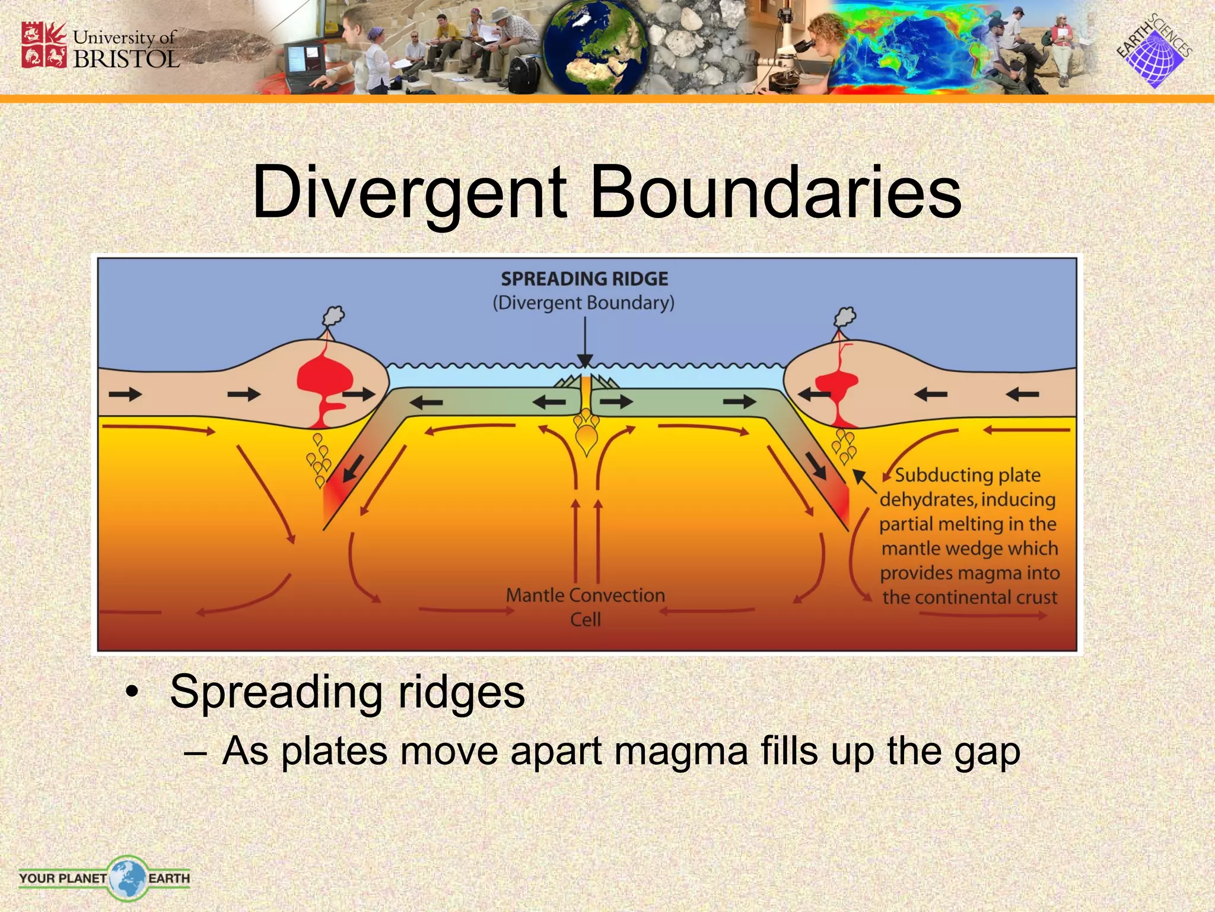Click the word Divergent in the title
[409, 192]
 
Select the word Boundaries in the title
[775, 192]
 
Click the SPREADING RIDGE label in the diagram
[584, 278]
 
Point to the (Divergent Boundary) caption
[584, 303]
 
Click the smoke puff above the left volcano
[334, 316]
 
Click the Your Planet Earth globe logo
[127, 878]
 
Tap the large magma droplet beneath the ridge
[587, 439]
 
